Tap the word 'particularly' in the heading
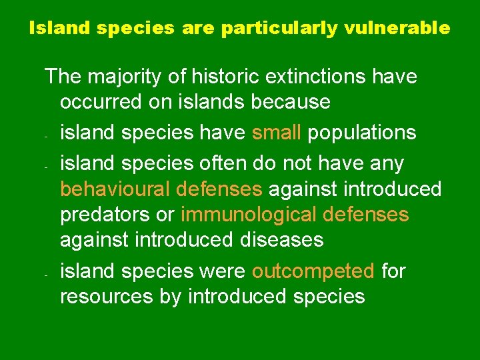(279, 29)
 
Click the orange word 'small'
(277, 133)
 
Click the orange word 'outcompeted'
(313, 271)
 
